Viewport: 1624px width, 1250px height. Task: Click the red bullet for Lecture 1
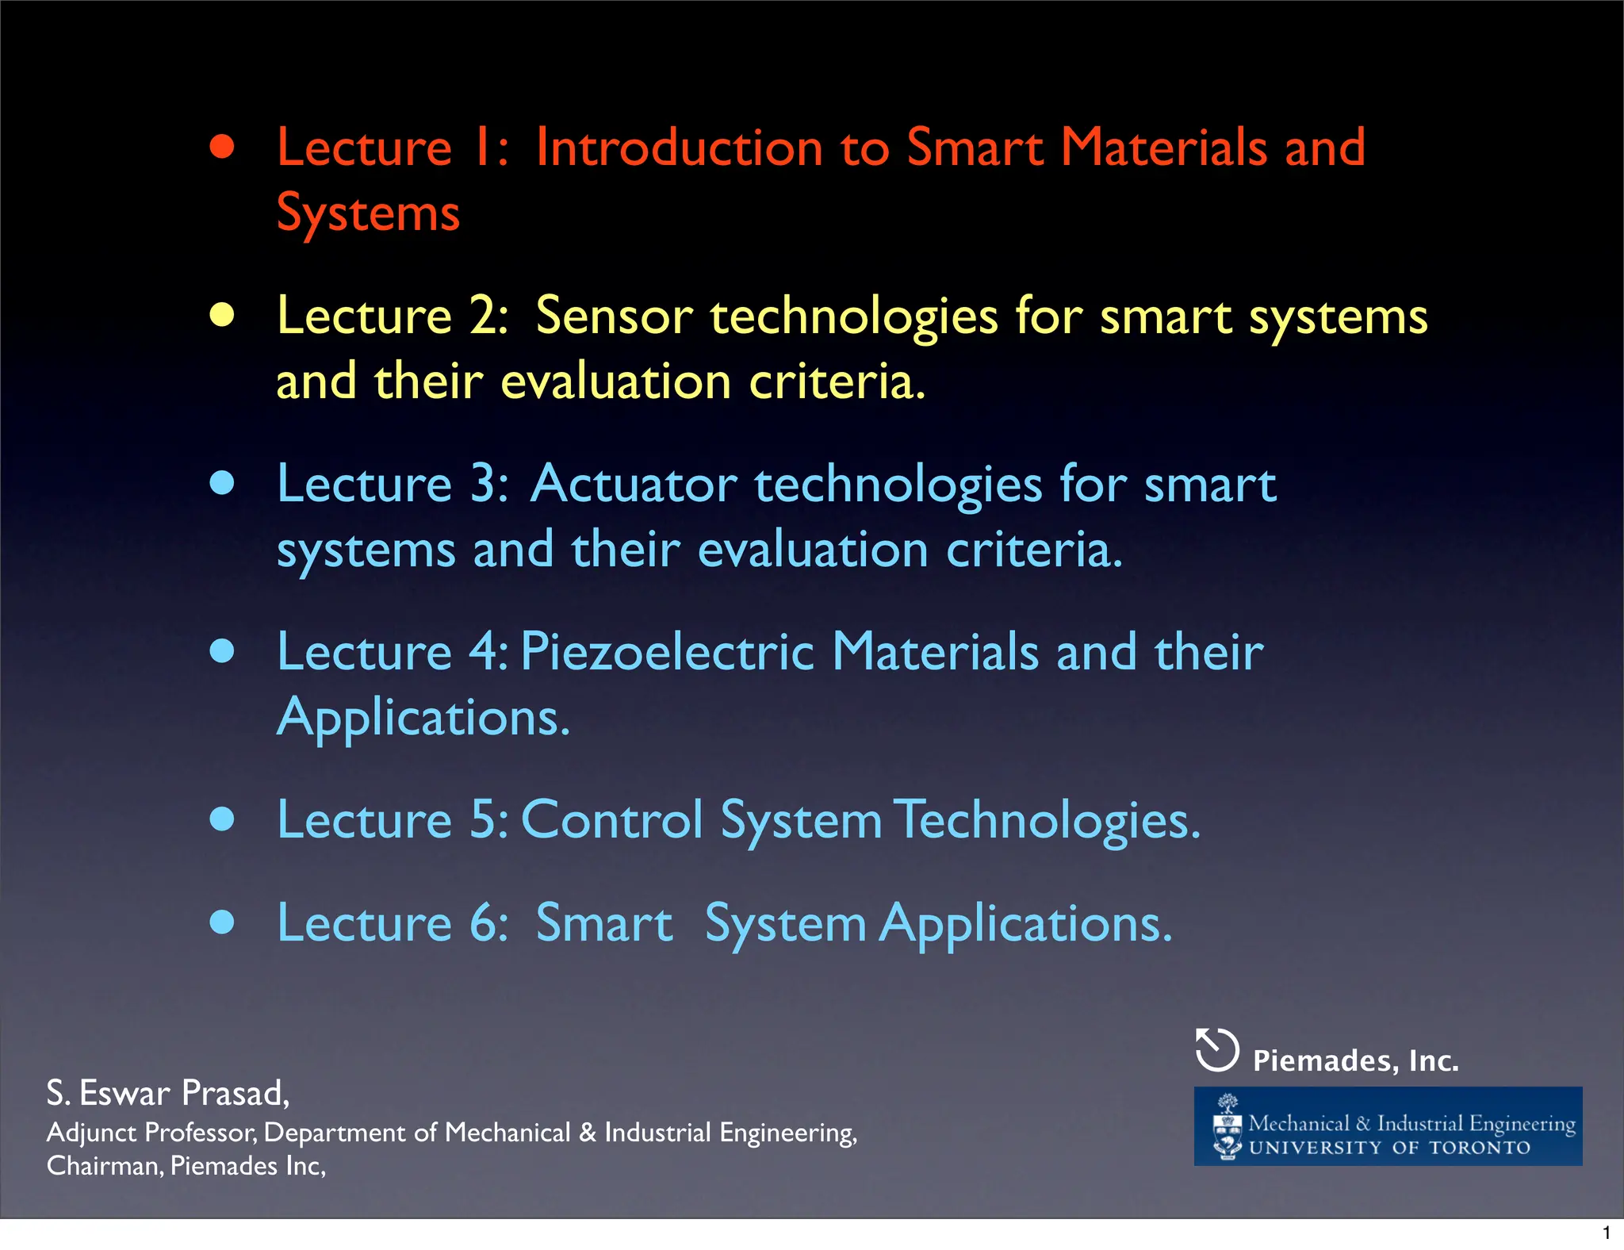click(x=223, y=148)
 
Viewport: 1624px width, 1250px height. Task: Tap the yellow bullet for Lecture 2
click(x=223, y=316)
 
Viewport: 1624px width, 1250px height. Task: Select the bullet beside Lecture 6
click(x=223, y=922)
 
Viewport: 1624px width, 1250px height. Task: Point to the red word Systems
click(x=368, y=214)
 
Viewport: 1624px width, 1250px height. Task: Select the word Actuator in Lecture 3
click(x=634, y=484)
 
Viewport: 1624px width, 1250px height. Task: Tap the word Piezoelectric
click(x=667, y=652)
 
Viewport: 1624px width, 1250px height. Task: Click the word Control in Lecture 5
click(x=612, y=819)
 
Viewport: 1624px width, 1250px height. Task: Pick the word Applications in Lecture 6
click(x=1025, y=924)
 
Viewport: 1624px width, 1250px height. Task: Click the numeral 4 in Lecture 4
click(x=483, y=652)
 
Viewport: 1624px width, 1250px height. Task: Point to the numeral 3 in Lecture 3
click(x=483, y=484)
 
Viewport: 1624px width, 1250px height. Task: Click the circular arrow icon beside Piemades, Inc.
click(x=1216, y=1050)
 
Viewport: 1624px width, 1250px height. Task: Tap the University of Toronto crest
click(x=1228, y=1127)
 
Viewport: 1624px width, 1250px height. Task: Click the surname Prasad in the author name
click(x=236, y=1093)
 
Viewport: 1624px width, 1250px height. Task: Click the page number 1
click(x=1607, y=1233)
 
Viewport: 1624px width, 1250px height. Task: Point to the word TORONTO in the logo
click(x=1480, y=1148)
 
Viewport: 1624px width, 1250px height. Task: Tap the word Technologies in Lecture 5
click(x=1047, y=821)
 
